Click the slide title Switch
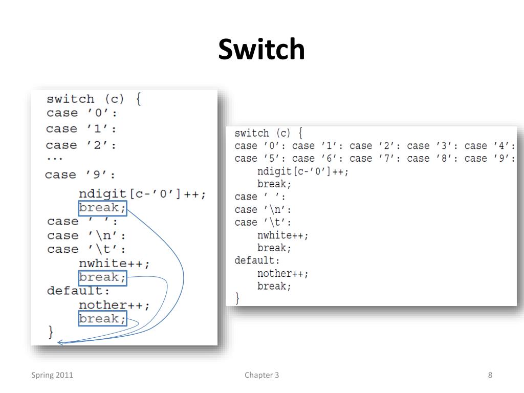(261, 50)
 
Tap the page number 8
(490, 375)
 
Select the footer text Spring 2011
(52, 375)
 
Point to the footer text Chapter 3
(261, 375)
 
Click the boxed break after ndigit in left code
(102, 208)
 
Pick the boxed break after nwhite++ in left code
(102, 277)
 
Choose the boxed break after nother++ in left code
(102, 319)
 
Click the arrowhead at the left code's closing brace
(60, 342)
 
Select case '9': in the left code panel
(81, 175)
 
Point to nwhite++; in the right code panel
(283, 235)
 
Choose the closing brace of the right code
(237, 298)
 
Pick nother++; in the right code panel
(283, 274)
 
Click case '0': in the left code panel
(82, 113)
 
